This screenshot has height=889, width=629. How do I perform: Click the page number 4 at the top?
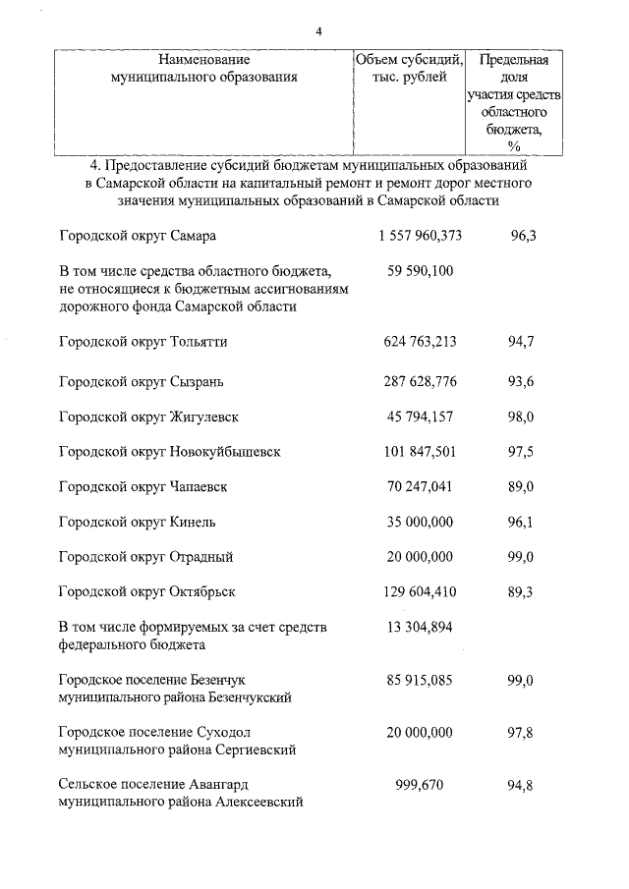click(x=318, y=31)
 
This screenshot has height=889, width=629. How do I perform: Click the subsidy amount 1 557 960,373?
click(x=420, y=237)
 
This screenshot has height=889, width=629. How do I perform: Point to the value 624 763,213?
click(x=420, y=342)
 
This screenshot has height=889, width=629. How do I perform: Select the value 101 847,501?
click(x=420, y=452)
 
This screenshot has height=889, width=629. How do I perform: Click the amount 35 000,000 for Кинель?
click(x=420, y=522)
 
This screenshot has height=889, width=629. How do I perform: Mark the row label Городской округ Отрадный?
click(x=145, y=557)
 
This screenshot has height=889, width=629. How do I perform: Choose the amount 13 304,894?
click(x=420, y=629)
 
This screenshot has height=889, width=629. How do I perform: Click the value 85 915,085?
click(x=420, y=680)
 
